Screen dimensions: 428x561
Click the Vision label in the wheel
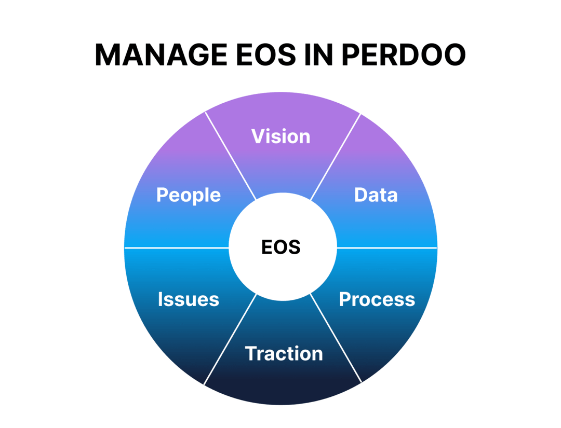pyautogui.click(x=280, y=136)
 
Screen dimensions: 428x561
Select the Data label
pyautogui.click(x=376, y=195)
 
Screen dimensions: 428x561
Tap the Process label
pyautogui.click(x=377, y=299)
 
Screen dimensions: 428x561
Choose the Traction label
pyautogui.click(x=284, y=354)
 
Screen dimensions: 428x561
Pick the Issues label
pyautogui.click(x=188, y=299)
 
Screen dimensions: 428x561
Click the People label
pyautogui.click(x=188, y=195)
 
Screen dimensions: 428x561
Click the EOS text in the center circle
pyautogui.click(x=280, y=247)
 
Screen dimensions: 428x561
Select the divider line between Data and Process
pyautogui.click(x=387, y=248)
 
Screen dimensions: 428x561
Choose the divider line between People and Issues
pyautogui.click(x=177, y=248)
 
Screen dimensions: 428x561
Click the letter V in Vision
pyautogui.click(x=258, y=136)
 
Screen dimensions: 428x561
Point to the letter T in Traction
pyautogui.click(x=251, y=354)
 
